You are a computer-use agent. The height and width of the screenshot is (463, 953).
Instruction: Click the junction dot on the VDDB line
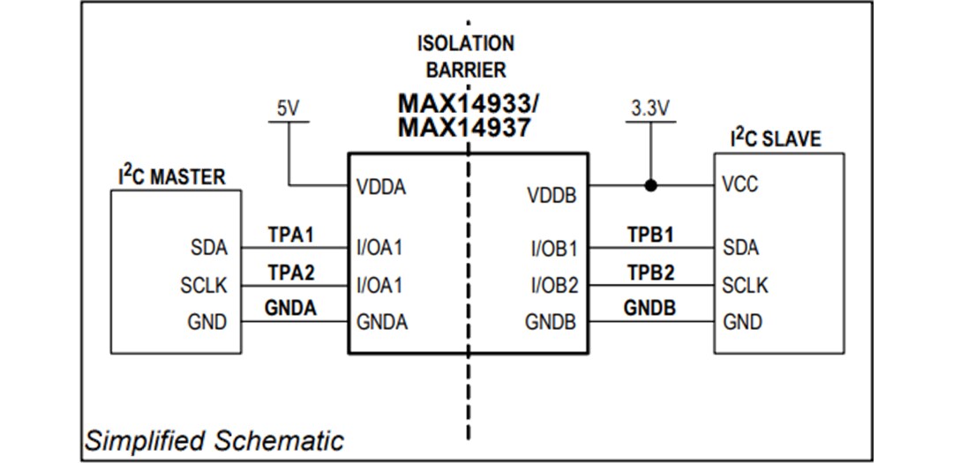point(650,186)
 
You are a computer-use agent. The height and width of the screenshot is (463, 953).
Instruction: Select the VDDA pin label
point(381,187)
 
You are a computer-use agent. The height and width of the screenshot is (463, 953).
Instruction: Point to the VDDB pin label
point(552,194)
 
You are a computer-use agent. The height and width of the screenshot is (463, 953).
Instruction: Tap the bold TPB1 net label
point(650,235)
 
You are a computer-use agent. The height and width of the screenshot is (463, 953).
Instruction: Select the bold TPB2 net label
point(650,273)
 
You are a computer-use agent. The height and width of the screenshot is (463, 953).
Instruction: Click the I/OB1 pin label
point(554,249)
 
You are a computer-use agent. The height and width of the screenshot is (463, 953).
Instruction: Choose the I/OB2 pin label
point(554,286)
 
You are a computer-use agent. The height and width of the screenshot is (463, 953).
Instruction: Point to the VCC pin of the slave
point(739,186)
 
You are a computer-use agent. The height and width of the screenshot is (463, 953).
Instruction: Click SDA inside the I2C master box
point(208,248)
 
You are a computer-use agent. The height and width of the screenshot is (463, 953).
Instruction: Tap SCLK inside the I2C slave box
point(745,286)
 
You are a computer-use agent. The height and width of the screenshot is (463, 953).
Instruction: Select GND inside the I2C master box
point(207,322)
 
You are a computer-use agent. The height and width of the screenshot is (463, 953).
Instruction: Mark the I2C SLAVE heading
point(775,138)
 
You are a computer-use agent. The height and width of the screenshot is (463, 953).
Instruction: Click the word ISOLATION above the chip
point(466,42)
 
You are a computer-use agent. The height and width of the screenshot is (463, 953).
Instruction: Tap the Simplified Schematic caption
point(214,440)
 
